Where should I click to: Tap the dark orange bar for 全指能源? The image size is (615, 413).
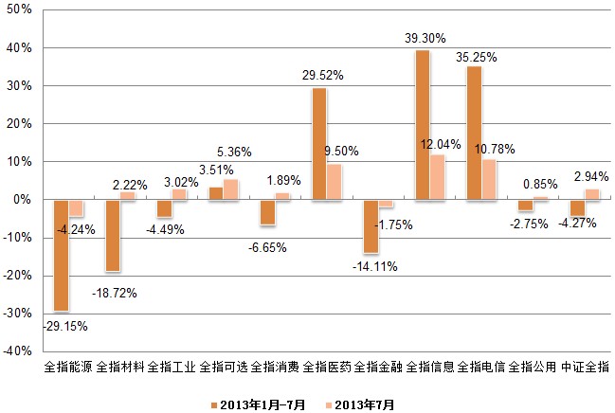tap(61, 255)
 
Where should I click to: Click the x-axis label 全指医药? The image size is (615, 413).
tap(328, 366)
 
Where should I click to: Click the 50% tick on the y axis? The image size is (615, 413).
tap(22, 10)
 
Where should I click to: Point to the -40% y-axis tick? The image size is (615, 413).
tap(19, 350)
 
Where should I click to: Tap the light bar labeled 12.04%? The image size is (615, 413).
tap(437, 177)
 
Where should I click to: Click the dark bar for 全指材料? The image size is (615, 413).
tap(113, 236)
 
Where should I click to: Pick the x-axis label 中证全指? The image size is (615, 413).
tap(585, 366)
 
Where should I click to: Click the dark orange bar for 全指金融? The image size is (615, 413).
tap(371, 226)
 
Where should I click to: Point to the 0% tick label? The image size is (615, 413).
tap(25, 200)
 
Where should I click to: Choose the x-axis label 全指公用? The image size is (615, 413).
tap(533, 366)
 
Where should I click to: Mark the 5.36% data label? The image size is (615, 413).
tap(234, 152)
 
